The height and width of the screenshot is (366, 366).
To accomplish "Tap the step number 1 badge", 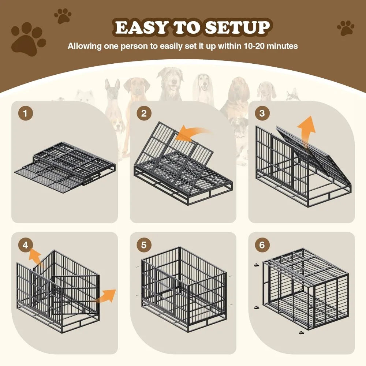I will [25, 113].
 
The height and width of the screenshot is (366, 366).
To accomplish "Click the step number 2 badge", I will [144, 113].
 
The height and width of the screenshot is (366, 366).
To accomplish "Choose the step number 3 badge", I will [262, 113].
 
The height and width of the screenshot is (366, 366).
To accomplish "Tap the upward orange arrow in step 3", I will [306, 132].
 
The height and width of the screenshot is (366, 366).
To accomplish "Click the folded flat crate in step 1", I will [66, 161].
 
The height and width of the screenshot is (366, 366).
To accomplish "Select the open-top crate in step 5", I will [183, 285].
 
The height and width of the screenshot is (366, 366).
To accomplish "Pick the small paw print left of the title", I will [63, 16].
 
